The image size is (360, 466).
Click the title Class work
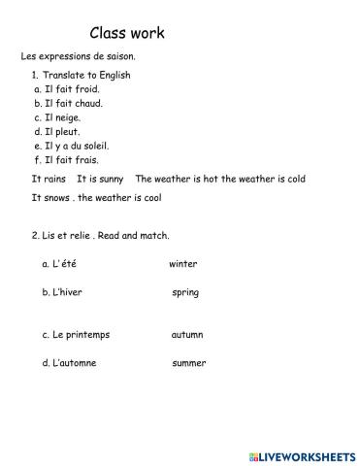tap(127, 33)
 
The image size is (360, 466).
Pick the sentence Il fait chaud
tap(74, 103)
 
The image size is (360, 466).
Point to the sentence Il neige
tap(62, 117)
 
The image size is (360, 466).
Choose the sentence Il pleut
tap(62, 131)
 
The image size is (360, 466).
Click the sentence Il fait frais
tap(72, 159)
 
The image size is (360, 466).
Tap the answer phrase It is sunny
tap(100, 179)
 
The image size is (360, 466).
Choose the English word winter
tap(182, 264)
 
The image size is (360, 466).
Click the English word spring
tap(185, 292)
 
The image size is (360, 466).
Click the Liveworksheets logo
tap(300, 454)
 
